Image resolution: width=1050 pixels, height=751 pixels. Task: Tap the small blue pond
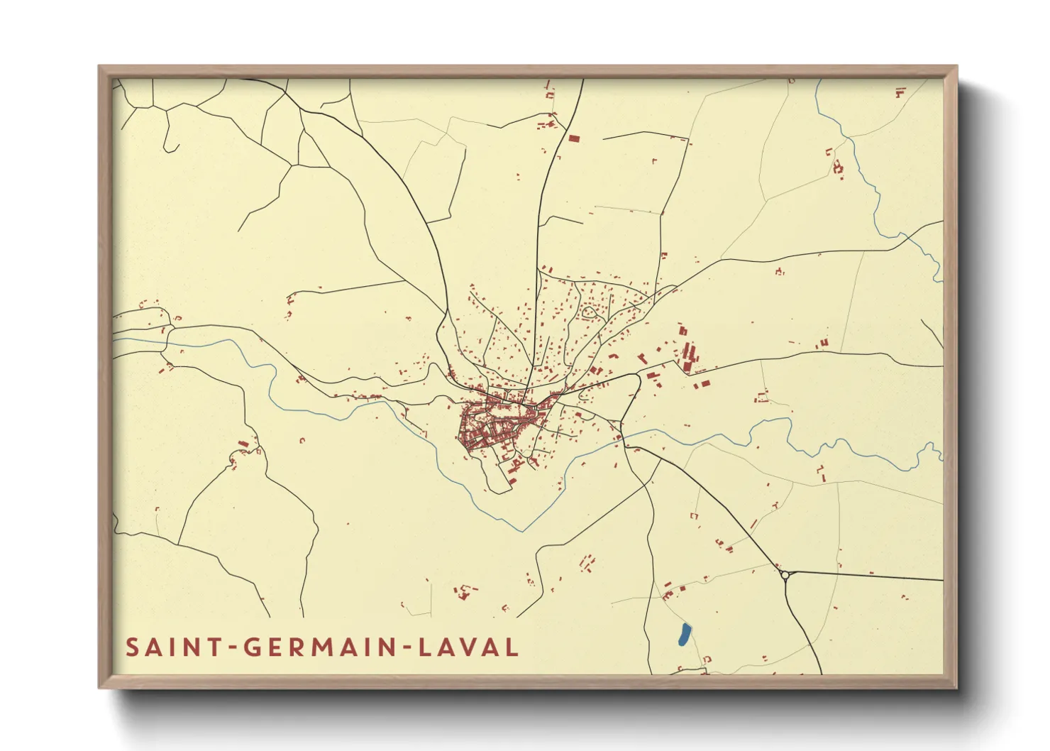(684, 634)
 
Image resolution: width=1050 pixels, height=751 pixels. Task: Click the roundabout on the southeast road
(785, 576)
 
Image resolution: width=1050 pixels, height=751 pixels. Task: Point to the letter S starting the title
(131, 647)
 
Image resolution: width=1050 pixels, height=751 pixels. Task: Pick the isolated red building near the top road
(573, 138)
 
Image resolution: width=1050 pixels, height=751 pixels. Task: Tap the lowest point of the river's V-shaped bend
(523, 530)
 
